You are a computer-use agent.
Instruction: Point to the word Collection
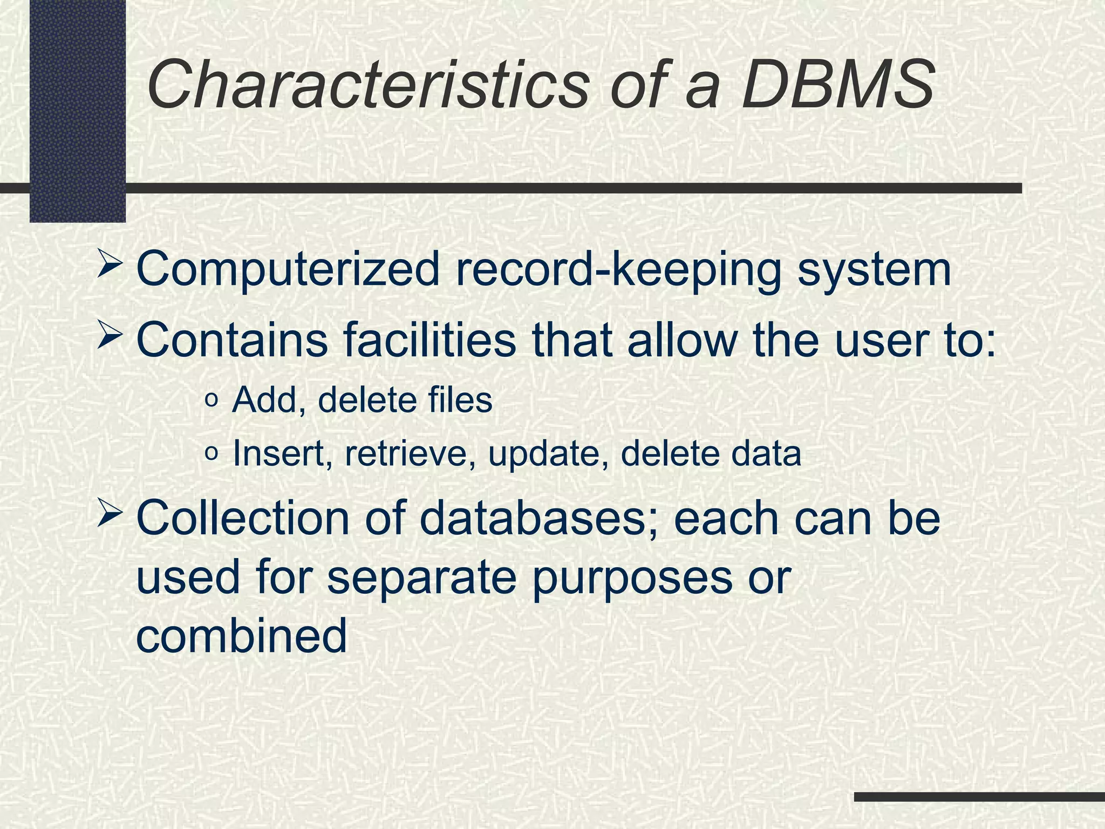[x=243, y=518]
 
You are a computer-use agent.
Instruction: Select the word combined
[x=242, y=636]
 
